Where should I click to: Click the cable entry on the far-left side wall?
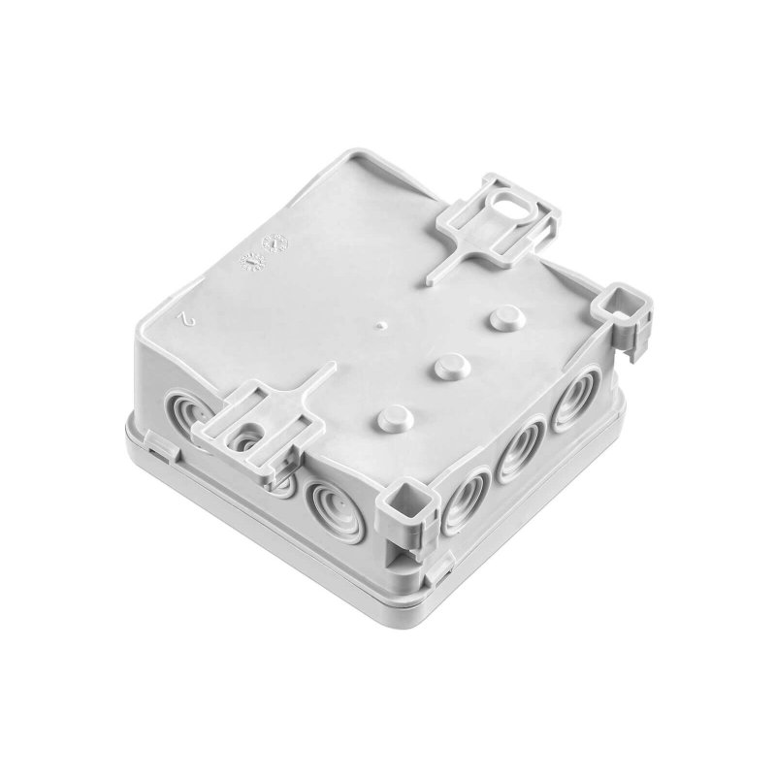[184, 411]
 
